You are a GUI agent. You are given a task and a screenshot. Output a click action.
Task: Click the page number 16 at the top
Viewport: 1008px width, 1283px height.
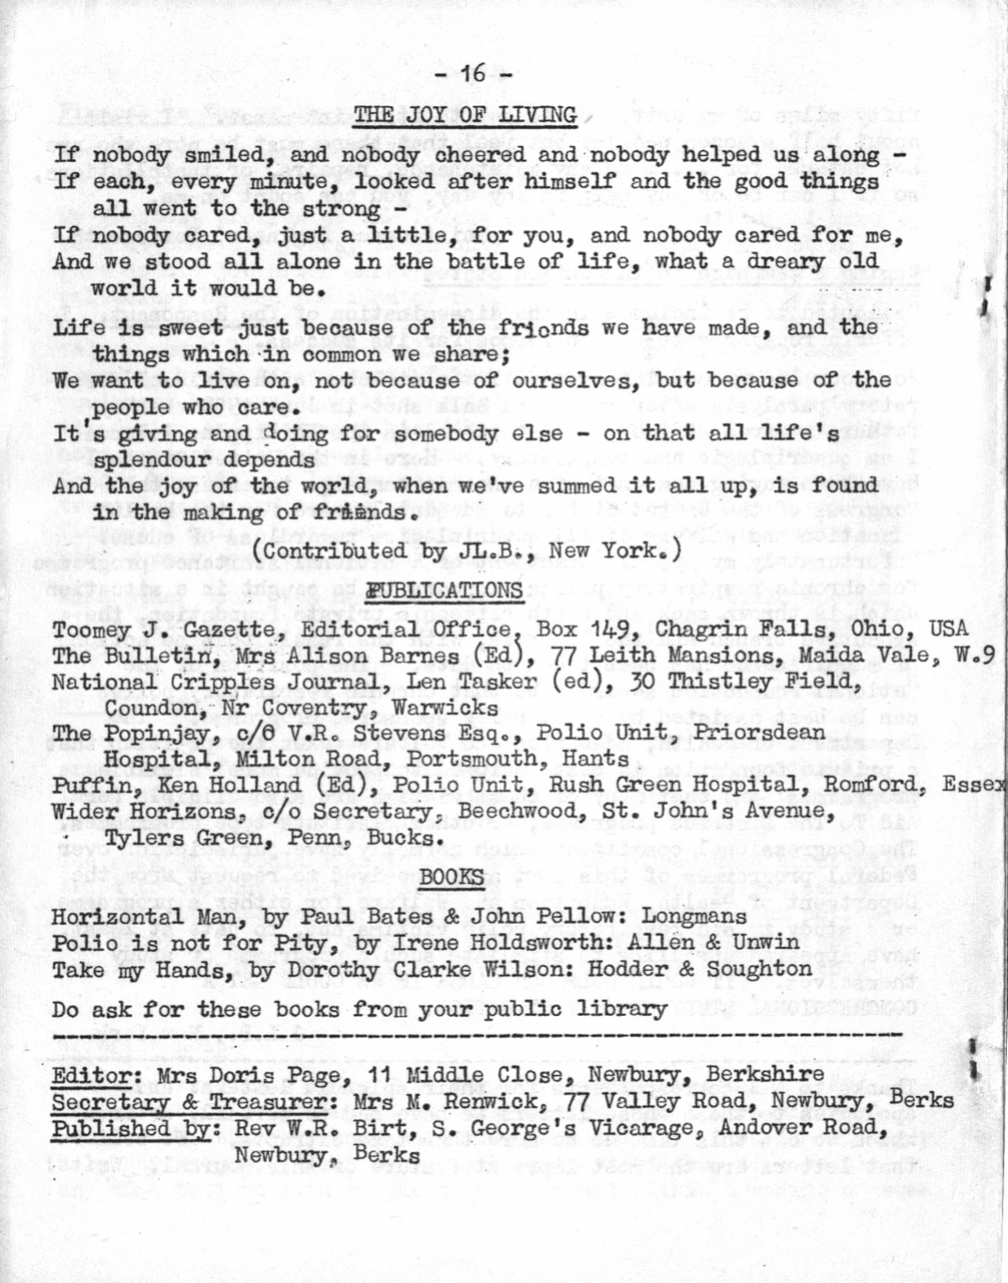(x=473, y=72)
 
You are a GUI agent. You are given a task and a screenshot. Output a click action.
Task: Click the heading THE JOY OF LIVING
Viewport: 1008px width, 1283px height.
(x=465, y=116)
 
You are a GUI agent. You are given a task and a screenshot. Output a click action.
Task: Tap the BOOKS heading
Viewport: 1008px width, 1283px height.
(x=451, y=878)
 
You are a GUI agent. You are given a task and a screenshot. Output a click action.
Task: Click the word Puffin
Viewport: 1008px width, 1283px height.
(x=85, y=785)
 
